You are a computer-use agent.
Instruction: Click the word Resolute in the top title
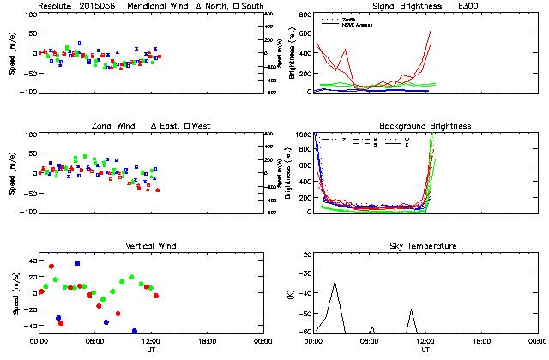point(55,6)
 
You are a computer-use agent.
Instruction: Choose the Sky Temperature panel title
point(425,246)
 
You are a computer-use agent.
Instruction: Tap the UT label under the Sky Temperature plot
point(425,350)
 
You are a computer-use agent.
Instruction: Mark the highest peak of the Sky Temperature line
point(335,282)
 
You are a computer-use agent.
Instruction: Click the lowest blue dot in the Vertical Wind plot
point(134,331)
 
